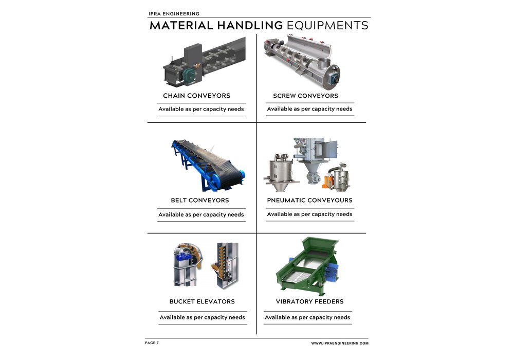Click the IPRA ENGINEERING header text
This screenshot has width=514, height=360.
click(174, 14)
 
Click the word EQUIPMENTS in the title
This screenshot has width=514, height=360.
click(327, 26)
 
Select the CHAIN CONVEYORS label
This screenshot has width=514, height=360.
click(196, 96)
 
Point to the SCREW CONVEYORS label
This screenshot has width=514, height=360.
click(305, 96)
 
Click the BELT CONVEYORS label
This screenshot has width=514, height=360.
click(200, 200)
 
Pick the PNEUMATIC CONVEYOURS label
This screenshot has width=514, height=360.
click(309, 200)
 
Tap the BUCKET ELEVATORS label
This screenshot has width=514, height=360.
click(202, 301)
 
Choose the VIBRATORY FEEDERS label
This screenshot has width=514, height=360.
click(309, 301)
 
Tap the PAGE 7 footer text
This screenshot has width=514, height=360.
click(152, 343)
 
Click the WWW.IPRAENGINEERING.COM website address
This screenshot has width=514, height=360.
click(339, 343)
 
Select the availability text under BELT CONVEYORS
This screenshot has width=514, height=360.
click(201, 214)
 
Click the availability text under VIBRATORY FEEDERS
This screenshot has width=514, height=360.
click(307, 317)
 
